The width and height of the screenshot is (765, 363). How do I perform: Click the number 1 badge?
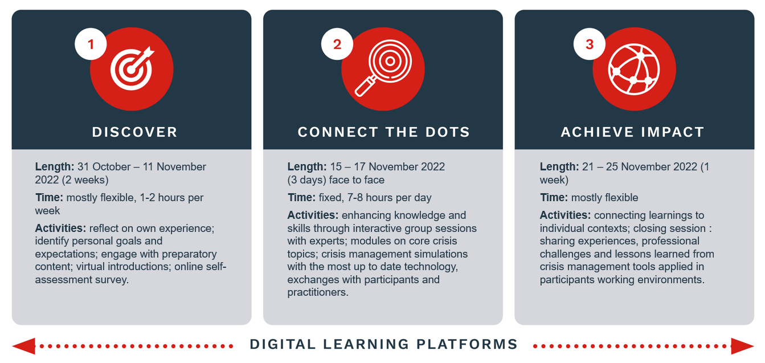[91, 44]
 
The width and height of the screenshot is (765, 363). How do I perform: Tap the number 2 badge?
[337, 44]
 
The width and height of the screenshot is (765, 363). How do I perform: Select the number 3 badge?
[590, 44]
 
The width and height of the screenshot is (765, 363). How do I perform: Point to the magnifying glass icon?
[383, 68]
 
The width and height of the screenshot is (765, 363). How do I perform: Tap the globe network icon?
[634, 69]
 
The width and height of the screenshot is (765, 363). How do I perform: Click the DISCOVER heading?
[134, 132]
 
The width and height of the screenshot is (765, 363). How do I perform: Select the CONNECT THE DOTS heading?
[383, 132]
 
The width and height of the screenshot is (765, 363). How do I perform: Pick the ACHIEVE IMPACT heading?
[632, 132]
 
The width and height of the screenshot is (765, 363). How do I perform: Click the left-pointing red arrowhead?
[23, 346]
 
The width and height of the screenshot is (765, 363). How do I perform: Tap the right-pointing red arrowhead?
[742, 346]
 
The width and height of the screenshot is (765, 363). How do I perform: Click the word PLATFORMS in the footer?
[467, 344]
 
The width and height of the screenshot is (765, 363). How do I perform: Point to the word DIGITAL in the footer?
[283, 344]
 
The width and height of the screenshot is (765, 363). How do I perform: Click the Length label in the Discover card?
[55, 167]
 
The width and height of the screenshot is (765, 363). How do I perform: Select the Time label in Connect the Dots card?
[301, 198]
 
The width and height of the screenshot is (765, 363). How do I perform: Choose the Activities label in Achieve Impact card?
[565, 215]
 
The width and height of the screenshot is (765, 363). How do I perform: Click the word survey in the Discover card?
[112, 280]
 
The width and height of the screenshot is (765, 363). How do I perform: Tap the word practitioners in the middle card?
[318, 292]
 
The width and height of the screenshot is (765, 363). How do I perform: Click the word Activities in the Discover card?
[60, 228]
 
